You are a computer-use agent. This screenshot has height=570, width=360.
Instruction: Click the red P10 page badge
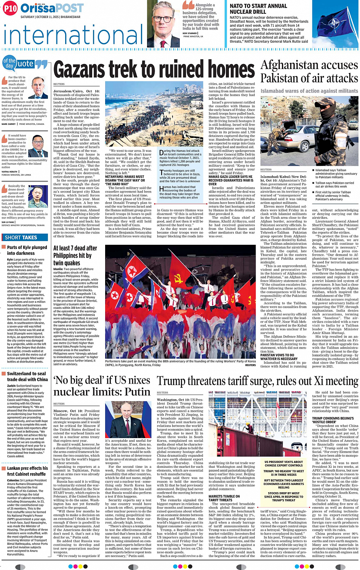pos(11,8)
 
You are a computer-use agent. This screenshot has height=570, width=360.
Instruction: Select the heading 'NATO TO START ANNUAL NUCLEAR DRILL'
pos(258,9)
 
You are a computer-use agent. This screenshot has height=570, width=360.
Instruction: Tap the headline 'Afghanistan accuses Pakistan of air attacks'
pos(309,72)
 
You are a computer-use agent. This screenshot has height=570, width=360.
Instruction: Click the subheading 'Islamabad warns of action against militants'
pos(309,91)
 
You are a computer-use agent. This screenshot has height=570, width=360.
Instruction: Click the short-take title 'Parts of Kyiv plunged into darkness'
pos(27,250)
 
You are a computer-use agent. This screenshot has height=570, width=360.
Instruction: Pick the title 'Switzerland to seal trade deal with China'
pos(27,376)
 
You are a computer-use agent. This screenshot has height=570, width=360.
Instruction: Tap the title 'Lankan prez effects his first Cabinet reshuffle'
pos(27,471)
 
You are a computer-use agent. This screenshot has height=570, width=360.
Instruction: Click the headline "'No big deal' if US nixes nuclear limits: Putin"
pos(102,386)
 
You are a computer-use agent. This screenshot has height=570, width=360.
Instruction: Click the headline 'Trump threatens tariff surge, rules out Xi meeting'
pos(258,381)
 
